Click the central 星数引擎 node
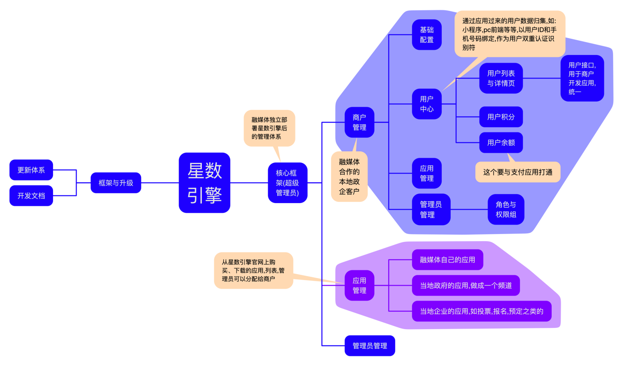click(x=204, y=183)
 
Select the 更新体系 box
click(x=31, y=170)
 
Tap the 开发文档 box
click(x=31, y=195)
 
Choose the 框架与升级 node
click(x=116, y=183)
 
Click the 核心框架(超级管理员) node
click(x=287, y=183)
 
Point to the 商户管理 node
click(x=359, y=122)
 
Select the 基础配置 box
click(x=427, y=35)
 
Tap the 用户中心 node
click(x=427, y=104)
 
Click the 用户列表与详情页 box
click(x=501, y=78)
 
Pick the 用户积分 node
click(x=501, y=117)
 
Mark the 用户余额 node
click(x=501, y=142)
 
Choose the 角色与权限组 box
click(x=506, y=209)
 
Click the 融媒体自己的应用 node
click(x=447, y=260)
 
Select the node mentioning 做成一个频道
click(x=465, y=285)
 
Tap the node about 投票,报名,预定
click(x=482, y=311)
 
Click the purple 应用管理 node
click(x=359, y=285)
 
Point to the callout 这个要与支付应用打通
click(x=518, y=172)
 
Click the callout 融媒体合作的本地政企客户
click(x=349, y=177)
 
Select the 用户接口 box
click(x=582, y=78)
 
